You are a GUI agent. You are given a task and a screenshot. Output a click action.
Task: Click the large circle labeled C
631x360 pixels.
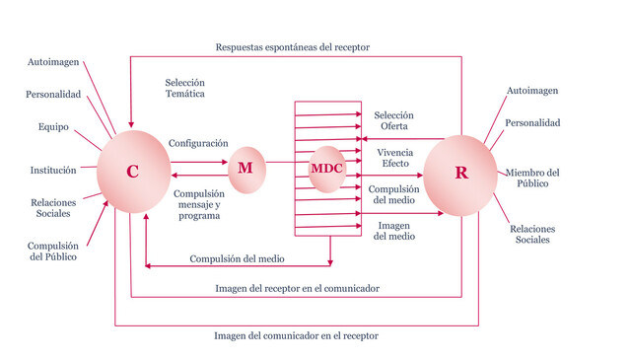coord(132,172)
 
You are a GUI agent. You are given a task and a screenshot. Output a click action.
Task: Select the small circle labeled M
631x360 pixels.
coord(246,168)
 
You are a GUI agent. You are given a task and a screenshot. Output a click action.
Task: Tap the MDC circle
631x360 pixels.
coord(326,168)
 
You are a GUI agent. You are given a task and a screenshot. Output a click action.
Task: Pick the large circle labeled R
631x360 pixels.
coord(460,173)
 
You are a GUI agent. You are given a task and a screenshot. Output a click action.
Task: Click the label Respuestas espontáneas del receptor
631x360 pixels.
coord(295,47)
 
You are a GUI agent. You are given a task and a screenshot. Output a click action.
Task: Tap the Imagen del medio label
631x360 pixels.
coord(393,231)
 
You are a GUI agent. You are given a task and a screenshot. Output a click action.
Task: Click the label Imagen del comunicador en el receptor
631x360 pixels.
coord(296,335)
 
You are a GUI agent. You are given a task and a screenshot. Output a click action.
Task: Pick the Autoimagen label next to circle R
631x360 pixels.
coord(532,91)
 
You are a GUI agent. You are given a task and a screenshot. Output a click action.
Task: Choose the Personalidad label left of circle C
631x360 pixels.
coord(53,95)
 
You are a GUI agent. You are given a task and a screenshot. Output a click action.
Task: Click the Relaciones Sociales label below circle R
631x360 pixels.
coord(533,235)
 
